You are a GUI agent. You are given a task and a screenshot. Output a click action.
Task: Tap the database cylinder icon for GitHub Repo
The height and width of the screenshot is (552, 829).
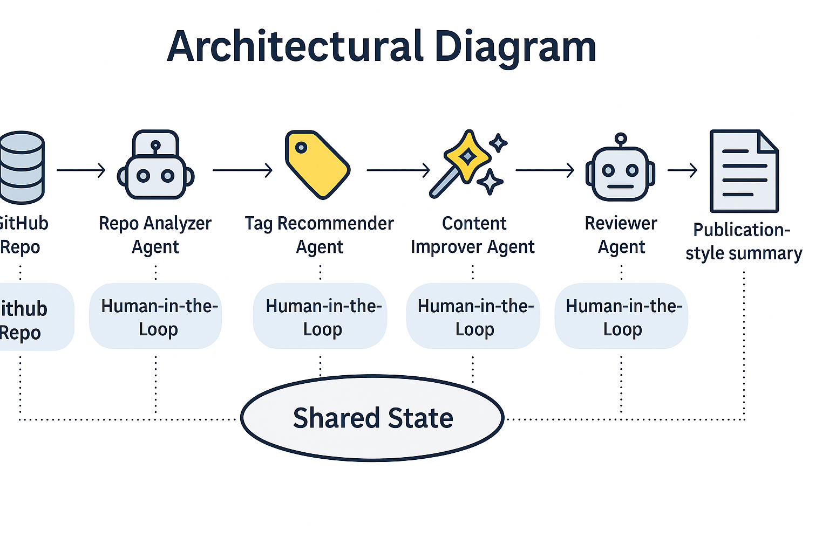pos(22,167)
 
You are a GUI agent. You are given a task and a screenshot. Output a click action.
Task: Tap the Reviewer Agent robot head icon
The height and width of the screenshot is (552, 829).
pos(621,172)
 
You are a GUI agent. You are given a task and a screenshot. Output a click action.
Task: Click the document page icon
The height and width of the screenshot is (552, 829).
pos(744,171)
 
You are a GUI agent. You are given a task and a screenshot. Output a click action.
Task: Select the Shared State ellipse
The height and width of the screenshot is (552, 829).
pos(372,418)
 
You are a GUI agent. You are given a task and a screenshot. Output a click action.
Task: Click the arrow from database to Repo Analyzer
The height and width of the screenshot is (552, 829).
pos(81,170)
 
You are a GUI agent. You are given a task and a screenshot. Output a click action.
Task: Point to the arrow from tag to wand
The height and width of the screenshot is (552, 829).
pos(398,170)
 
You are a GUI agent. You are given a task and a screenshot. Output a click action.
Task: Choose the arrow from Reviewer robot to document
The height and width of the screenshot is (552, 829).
pos(683,170)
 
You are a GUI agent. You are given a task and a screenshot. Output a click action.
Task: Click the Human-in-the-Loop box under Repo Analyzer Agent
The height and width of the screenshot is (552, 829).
pos(155,317)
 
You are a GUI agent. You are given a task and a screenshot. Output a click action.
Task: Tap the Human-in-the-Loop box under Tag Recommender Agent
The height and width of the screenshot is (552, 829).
pos(320,317)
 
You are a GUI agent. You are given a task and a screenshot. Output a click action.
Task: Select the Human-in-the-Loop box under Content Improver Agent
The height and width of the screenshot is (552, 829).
pos(473,317)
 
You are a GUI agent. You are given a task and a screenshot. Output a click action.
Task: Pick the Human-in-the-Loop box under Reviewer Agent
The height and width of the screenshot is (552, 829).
pos(621,317)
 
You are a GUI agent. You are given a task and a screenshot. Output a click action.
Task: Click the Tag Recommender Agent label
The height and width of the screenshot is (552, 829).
pos(320,234)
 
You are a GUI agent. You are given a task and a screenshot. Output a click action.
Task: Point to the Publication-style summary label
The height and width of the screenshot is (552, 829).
pos(744,241)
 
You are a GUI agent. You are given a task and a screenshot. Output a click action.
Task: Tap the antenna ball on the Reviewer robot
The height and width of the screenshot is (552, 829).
pos(621,139)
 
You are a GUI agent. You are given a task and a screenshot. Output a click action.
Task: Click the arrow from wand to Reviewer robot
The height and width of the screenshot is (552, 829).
pos(545,170)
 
